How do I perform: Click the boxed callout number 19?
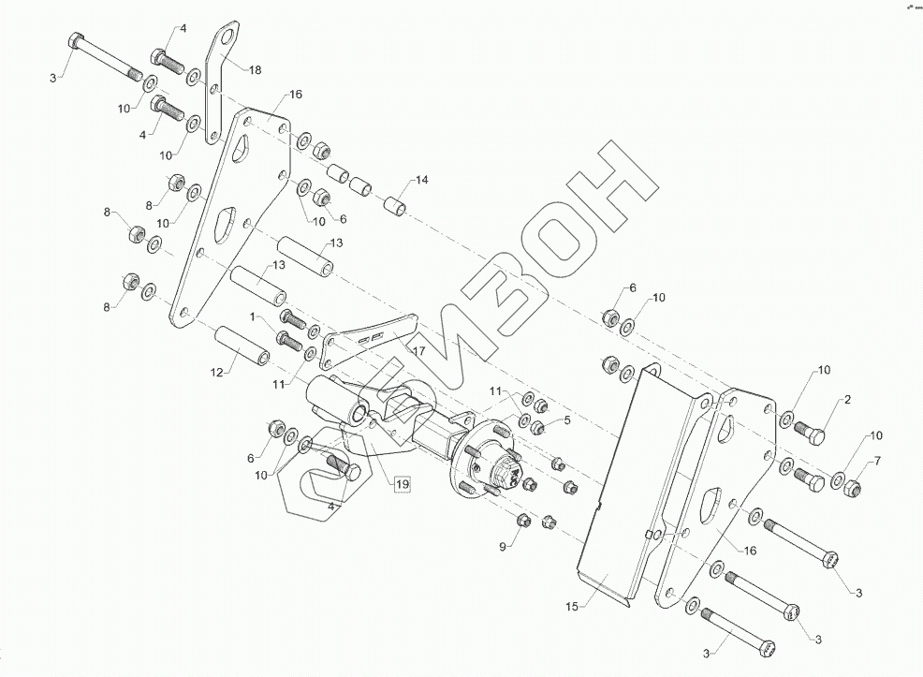[x=402, y=484]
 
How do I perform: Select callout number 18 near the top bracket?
[x=255, y=69]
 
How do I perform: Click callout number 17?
[x=417, y=350]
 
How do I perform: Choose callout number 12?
[x=216, y=373]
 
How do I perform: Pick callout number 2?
[x=847, y=400]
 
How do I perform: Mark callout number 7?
[x=877, y=460]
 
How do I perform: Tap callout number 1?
[x=251, y=317]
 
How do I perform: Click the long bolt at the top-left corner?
[x=102, y=57]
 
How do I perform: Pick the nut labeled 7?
[x=852, y=488]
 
